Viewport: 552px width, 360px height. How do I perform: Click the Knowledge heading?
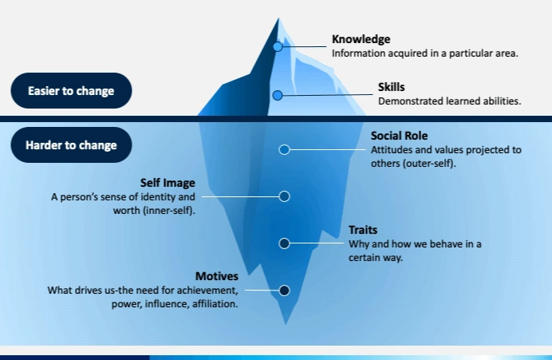click(x=361, y=39)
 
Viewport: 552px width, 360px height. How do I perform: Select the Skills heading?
click(x=392, y=87)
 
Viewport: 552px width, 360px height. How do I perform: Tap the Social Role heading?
click(x=399, y=136)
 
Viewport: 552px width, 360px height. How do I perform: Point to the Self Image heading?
click(x=168, y=183)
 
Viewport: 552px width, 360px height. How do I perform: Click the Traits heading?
click(x=363, y=230)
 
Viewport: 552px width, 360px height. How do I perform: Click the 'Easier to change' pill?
click(x=71, y=91)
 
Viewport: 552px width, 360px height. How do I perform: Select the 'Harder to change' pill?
click(x=71, y=145)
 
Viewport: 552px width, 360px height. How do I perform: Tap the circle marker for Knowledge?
click(x=278, y=46)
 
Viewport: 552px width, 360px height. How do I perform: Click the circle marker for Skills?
click(x=278, y=95)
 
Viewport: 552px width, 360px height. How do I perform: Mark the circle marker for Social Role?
click(x=284, y=149)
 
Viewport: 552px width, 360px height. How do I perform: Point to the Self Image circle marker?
click(x=284, y=196)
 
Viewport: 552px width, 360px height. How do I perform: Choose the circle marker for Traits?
click(x=284, y=243)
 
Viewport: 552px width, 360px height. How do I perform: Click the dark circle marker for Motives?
click(x=284, y=291)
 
